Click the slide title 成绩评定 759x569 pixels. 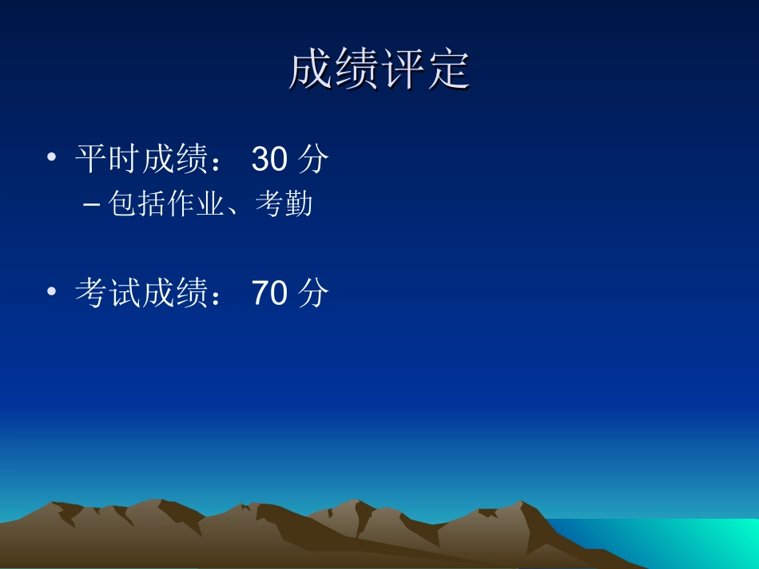[x=379, y=71]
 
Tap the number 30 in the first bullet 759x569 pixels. [x=268, y=160]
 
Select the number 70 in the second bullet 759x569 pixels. [x=268, y=294]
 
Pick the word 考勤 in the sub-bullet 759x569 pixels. [x=284, y=205]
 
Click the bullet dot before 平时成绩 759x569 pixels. [x=52, y=159]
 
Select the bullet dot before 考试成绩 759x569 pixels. [x=52, y=292]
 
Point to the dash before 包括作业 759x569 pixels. [x=91, y=206]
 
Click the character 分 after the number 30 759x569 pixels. [x=312, y=160]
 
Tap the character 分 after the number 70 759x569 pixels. [x=312, y=294]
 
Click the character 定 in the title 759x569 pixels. [x=447, y=71]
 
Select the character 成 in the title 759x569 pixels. [x=311, y=71]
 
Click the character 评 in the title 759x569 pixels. [x=402, y=71]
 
